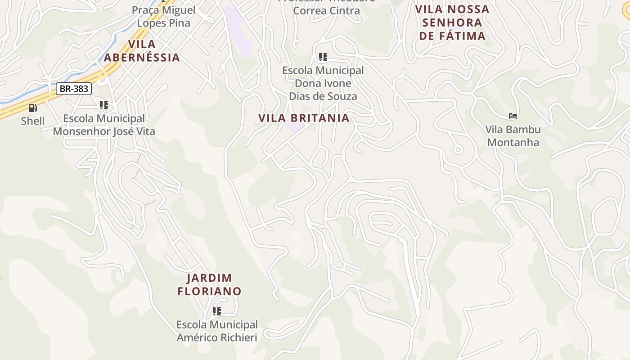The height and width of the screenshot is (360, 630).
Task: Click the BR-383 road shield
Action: [x=74, y=89]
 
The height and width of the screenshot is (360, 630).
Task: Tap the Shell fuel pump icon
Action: [x=32, y=108]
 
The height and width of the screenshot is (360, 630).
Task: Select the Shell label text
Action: [x=33, y=121]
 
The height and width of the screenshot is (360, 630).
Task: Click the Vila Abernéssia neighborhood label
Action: [x=142, y=51]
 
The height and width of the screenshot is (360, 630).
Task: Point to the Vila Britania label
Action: [x=304, y=118]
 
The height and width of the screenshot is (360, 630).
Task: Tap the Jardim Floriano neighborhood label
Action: [x=210, y=284]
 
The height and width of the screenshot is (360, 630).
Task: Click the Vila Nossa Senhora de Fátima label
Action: [x=452, y=22]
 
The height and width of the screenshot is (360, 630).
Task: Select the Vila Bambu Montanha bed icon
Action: [x=513, y=116]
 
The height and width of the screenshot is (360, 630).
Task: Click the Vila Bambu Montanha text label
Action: [x=513, y=136]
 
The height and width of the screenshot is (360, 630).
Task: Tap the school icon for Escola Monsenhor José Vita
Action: [x=104, y=105]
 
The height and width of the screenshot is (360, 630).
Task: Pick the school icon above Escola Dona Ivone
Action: [x=323, y=57]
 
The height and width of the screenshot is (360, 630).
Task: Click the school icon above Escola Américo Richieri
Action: [x=217, y=311]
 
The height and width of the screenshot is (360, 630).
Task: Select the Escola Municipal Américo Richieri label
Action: [x=217, y=331]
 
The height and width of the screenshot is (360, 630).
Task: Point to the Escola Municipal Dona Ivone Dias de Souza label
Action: [x=323, y=83]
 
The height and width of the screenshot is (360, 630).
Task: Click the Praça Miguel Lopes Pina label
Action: [x=163, y=17]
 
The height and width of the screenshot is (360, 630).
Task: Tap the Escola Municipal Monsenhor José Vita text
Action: [x=104, y=125]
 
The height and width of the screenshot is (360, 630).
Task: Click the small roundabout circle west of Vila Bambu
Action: [x=458, y=149]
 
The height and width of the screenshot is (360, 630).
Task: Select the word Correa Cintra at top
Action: [x=326, y=10]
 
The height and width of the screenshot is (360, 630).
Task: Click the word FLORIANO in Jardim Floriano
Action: [x=210, y=291]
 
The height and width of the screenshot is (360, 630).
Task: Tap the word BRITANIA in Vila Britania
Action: [x=320, y=118]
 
